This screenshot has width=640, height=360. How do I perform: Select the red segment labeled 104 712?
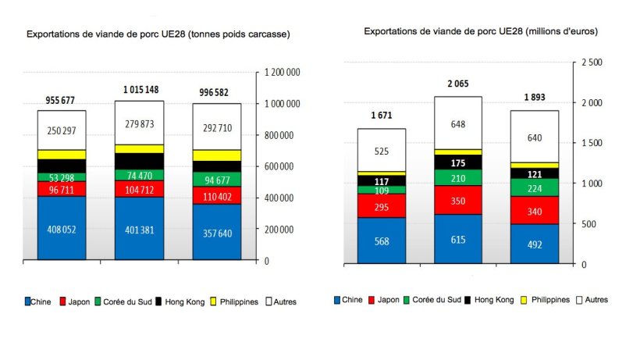140,189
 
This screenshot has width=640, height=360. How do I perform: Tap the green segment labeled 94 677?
217,179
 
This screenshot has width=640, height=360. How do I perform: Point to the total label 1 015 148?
140,91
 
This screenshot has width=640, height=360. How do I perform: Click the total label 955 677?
62,101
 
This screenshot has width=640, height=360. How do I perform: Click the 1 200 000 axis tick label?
283,72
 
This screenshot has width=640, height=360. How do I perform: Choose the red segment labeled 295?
382,206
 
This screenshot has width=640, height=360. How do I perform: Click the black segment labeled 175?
458,162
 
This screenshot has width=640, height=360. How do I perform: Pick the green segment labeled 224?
535,187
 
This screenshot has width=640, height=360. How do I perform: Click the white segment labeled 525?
382,151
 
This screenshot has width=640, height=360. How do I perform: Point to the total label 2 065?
458,83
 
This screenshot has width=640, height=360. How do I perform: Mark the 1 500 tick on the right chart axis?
591,143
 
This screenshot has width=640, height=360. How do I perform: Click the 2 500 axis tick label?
591,62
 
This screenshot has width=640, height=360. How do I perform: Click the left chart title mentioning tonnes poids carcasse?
158,34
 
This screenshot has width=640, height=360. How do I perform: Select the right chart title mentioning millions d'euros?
480,30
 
